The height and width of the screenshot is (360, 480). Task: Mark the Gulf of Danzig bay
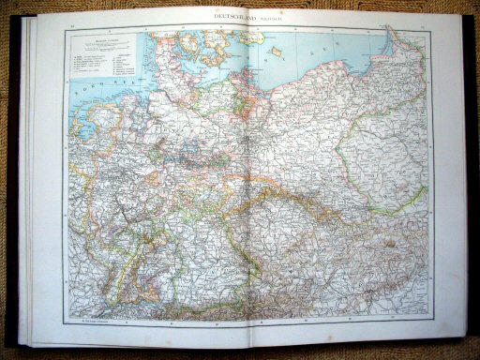pyautogui.click(x=380, y=52)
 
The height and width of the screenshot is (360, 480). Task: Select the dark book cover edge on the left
pyautogui.click(x=11, y=178)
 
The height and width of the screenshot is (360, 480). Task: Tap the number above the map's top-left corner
pyautogui.click(x=65, y=23)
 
